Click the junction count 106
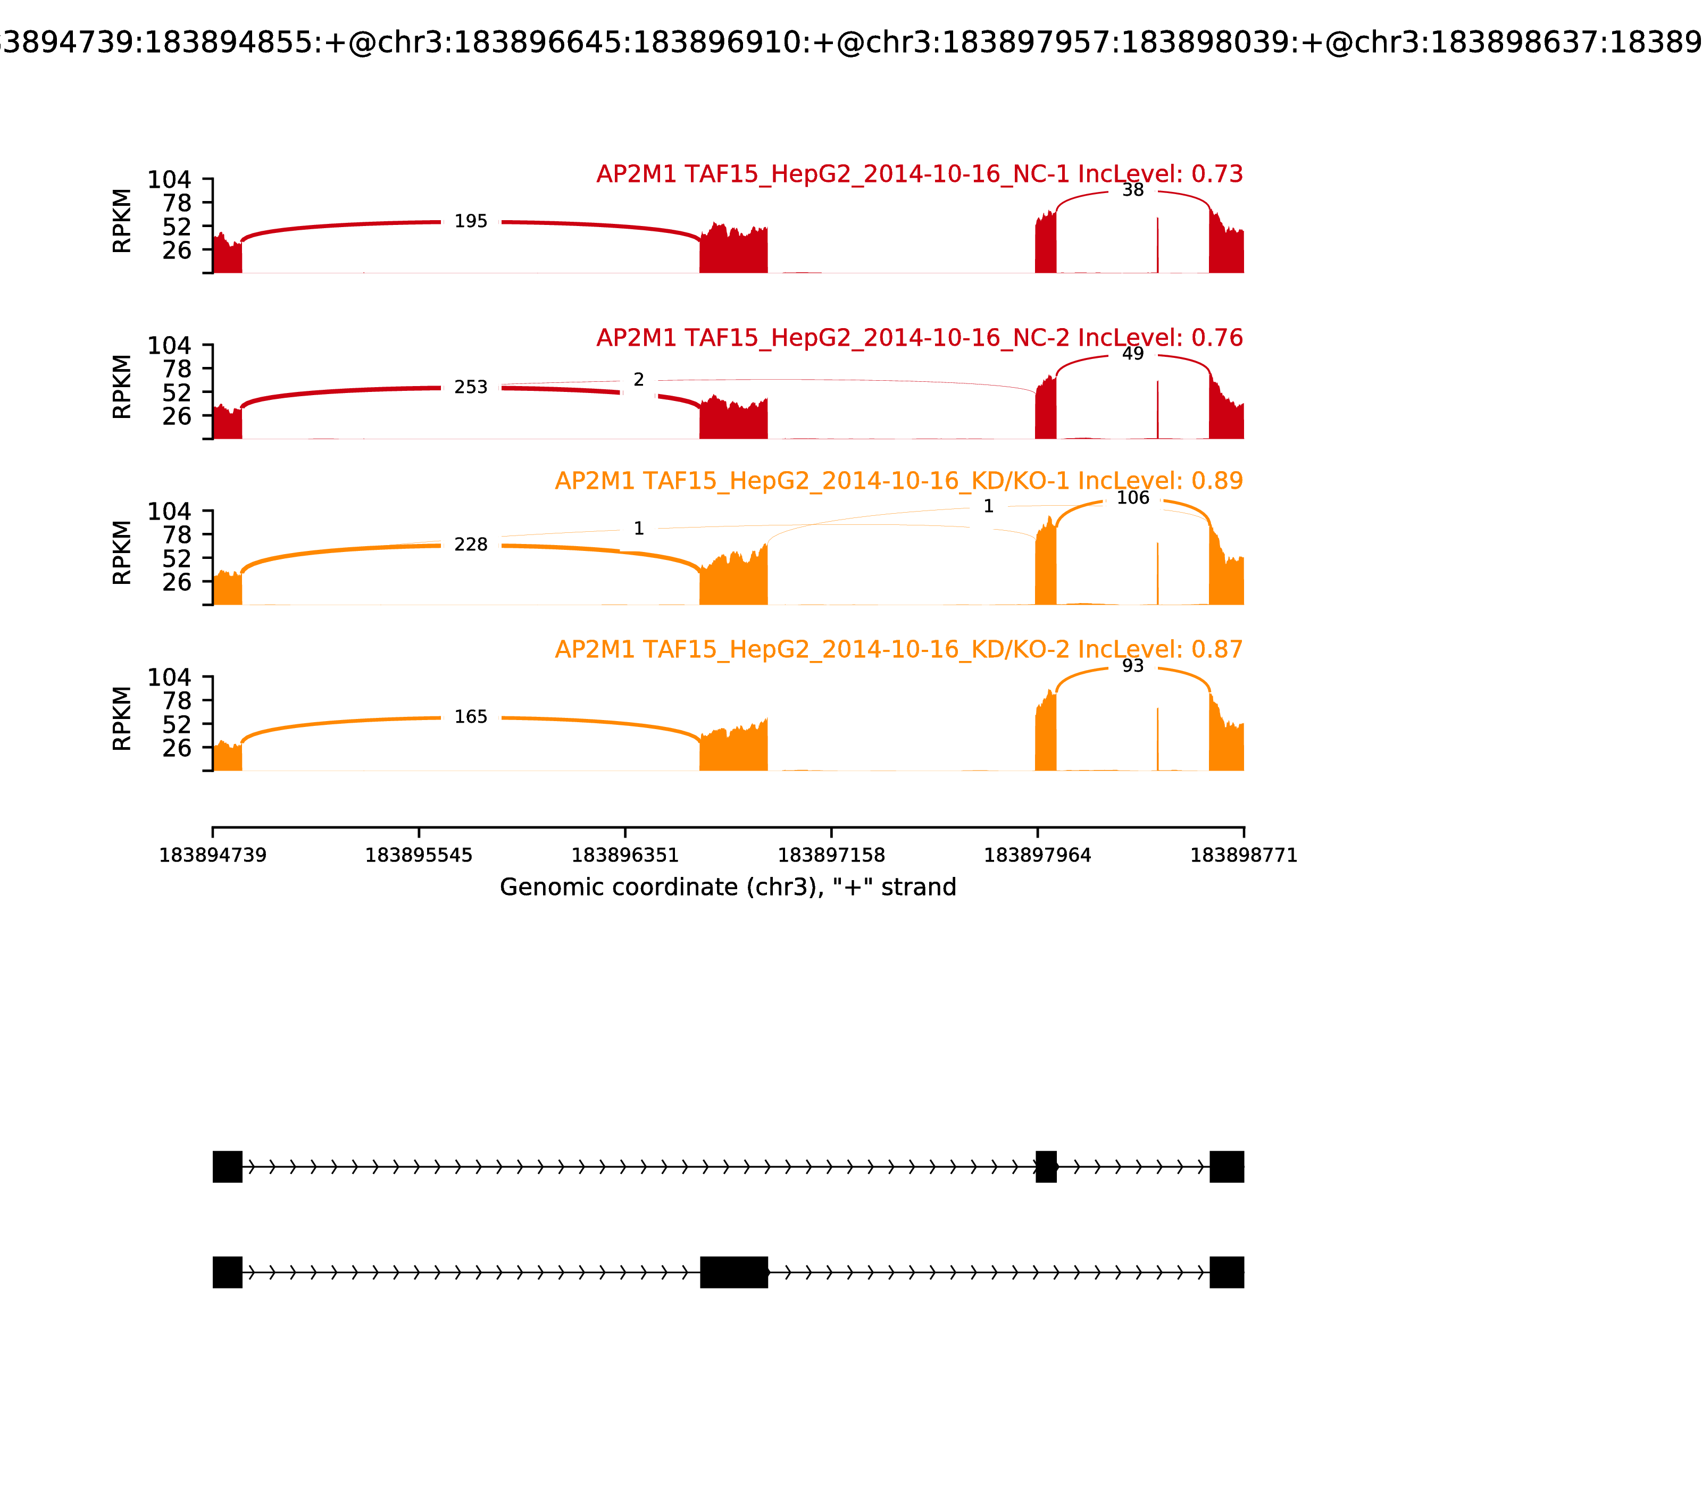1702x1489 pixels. (x=1133, y=498)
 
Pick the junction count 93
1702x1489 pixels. (x=1133, y=666)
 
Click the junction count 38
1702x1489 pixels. (x=1133, y=190)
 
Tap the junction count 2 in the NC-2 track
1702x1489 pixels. (x=638, y=380)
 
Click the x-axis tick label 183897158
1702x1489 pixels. (x=831, y=855)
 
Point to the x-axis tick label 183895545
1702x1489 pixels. (x=419, y=855)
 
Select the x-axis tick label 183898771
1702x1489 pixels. (x=1244, y=855)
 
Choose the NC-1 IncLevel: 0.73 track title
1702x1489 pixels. (x=919, y=174)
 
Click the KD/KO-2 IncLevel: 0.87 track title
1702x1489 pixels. (x=898, y=650)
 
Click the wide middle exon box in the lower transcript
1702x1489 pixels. (x=734, y=1272)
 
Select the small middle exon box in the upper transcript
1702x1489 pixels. (x=1046, y=1167)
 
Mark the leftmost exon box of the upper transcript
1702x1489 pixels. (x=228, y=1167)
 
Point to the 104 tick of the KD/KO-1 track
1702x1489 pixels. (x=170, y=512)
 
